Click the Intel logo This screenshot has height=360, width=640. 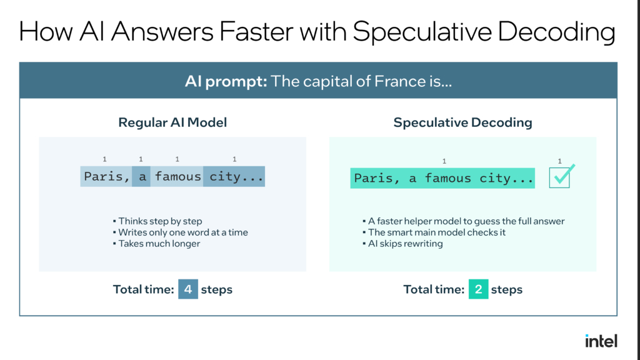point(601,341)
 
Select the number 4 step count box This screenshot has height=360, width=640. point(188,289)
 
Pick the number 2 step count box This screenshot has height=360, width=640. point(478,289)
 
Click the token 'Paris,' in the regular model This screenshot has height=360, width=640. point(106,176)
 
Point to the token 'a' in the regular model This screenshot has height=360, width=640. point(141,176)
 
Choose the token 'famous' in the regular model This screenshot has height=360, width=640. point(177,176)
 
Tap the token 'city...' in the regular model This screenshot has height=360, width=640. point(234,176)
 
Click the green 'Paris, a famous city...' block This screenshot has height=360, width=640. point(442,178)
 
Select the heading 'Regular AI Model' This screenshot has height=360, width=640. point(172,122)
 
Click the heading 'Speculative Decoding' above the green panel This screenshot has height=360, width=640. point(463,122)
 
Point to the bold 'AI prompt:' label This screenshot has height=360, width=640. point(226,81)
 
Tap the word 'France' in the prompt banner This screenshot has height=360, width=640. point(399,81)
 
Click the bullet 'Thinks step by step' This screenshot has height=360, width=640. point(157,221)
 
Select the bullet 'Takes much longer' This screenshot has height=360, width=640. point(157,244)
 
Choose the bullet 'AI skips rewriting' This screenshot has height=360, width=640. point(403,244)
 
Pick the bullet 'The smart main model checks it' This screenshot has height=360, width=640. point(434,232)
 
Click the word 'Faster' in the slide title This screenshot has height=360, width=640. point(256,31)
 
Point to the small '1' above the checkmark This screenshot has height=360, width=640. point(559,161)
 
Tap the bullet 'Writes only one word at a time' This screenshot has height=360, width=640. point(181,232)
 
